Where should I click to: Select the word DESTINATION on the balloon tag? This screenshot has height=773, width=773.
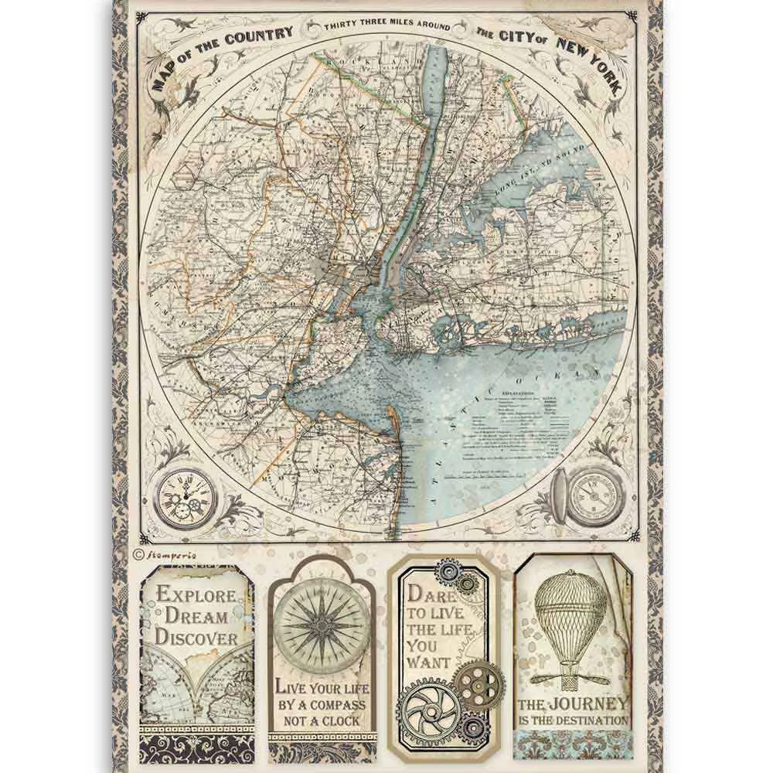[x=605, y=720]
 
